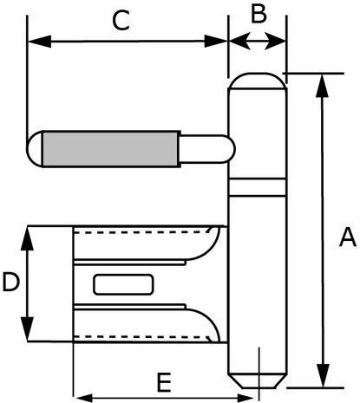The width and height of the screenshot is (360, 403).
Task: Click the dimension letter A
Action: tap(347, 237)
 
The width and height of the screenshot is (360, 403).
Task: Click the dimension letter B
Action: tap(259, 14)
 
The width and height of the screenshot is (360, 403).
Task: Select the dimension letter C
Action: tap(121, 21)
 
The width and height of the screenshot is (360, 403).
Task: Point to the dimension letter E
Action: tap(164, 382)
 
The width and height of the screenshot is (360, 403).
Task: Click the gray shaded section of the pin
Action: tap(110, 149)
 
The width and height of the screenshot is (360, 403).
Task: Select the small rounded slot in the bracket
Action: tap(123, 285)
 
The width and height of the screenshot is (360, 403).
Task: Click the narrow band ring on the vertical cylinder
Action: tap(258, 187)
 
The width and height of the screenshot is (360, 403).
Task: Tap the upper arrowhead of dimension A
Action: tap(322, 86)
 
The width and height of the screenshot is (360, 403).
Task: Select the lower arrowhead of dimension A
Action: tap(322, 375)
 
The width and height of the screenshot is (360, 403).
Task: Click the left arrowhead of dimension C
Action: tap(40, 42)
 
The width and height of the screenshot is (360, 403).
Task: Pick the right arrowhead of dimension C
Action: tap(216, 42)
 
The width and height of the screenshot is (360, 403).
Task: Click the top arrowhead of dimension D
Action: tap(27, 238)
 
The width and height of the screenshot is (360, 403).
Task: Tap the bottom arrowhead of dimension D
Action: tap(27, 329)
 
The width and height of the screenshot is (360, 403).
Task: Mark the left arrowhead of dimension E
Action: tap(84, 398)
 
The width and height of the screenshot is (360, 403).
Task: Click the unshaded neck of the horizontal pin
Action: tap(207, 149)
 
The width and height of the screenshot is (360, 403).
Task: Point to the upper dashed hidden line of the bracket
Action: tap(141, 231)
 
